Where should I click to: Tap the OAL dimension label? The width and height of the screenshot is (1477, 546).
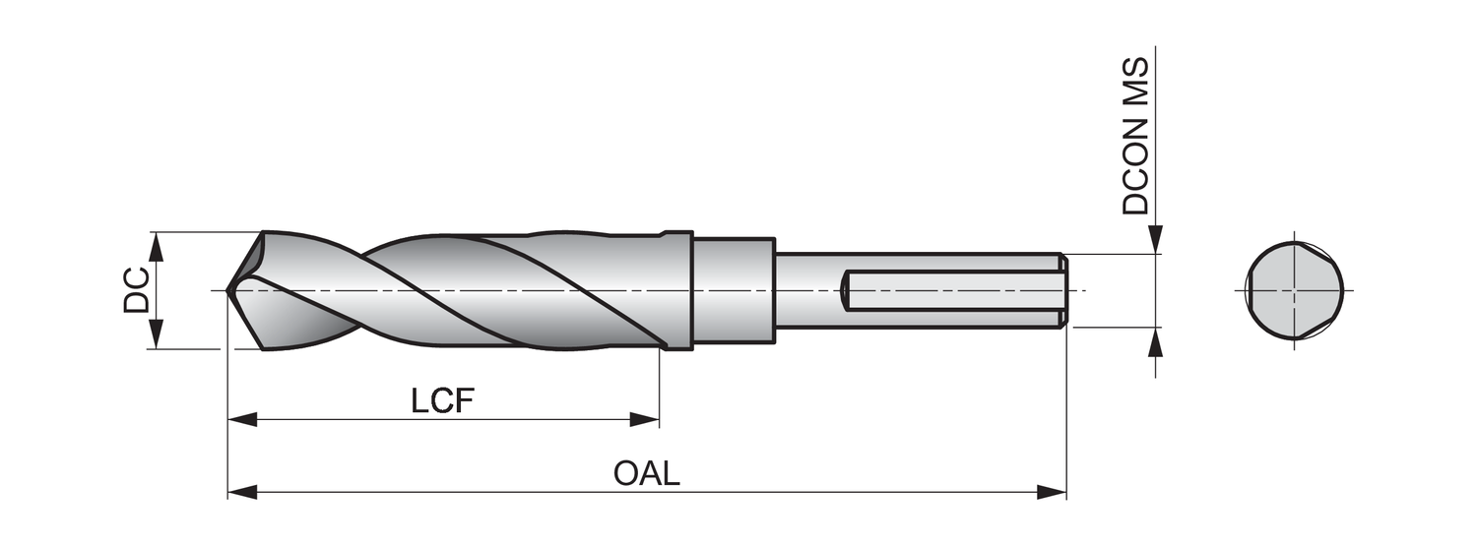[647, 473]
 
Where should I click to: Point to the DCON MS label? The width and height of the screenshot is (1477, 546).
[1136, 136]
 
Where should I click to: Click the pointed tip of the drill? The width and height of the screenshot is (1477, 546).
[228, 290]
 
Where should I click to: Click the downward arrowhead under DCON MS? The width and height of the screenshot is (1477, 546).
[1156, 240]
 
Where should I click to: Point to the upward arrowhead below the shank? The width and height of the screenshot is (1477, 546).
[1156, 341]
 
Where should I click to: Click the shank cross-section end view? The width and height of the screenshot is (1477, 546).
[1294, 290]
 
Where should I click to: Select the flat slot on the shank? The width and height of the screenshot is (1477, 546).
[950, 290]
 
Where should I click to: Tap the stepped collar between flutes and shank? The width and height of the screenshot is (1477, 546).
[733, 290]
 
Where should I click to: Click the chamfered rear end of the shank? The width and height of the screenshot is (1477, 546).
[1063, 290]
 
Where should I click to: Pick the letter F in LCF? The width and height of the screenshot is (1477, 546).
[465, 401]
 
